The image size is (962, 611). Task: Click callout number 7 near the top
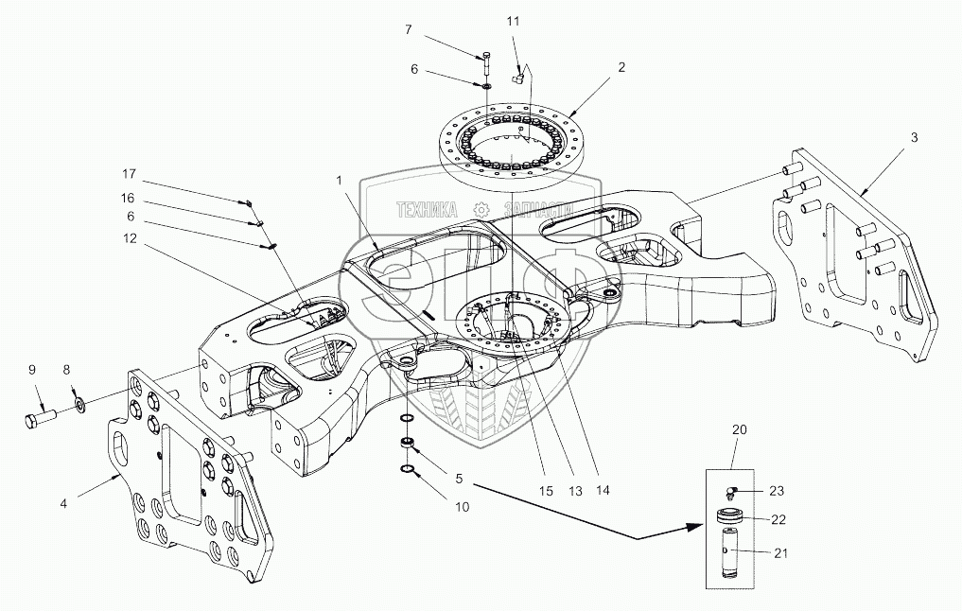click(x=408, y=30)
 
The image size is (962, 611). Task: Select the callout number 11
click(x=513, y=20)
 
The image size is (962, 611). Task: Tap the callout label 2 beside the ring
click(x=621, y=67)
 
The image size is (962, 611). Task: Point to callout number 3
click(x=914, y=138)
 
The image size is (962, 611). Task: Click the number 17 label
click(x=129, y=175)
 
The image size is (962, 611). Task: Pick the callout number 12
click(x=129, y=238)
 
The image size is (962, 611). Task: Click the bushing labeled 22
click(x=731, y=517)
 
